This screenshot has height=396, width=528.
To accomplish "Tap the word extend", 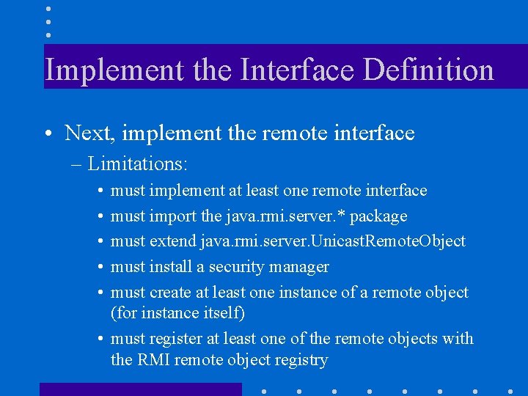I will [x=173, y=241].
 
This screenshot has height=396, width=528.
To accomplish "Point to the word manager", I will [x=300, y=268].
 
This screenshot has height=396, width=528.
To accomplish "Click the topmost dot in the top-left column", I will [x=48, y=8].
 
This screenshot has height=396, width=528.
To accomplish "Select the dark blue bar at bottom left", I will [x=140, y=389].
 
